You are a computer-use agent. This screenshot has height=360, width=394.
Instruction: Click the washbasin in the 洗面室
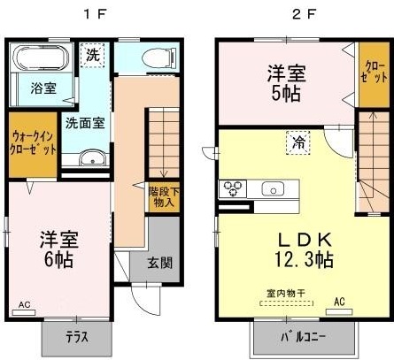(x=90, y=158)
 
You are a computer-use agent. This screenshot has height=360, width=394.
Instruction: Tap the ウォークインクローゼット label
(x=33, y=143)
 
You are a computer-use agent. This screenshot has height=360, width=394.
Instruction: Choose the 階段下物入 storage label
(x=162, y=195)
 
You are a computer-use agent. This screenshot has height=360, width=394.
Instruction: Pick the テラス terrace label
(x=77, y=336)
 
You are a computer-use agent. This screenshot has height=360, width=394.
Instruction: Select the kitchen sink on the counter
(x=274, y=188)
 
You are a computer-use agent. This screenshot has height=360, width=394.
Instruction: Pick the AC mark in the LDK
(x=338, y=302)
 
